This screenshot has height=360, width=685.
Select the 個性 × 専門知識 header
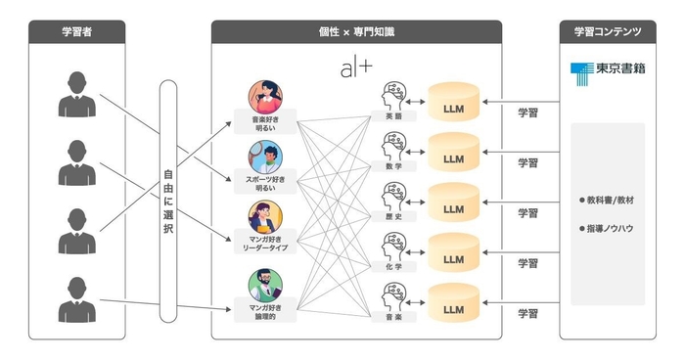tap(356, 32)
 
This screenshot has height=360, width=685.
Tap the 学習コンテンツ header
tap(608, 32)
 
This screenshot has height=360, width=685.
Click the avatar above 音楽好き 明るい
tap(265, 97)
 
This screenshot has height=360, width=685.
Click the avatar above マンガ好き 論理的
tap(265, 287)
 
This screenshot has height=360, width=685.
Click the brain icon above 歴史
tap(393, 196)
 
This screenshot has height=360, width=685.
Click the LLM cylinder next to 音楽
tap(453, 307)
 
